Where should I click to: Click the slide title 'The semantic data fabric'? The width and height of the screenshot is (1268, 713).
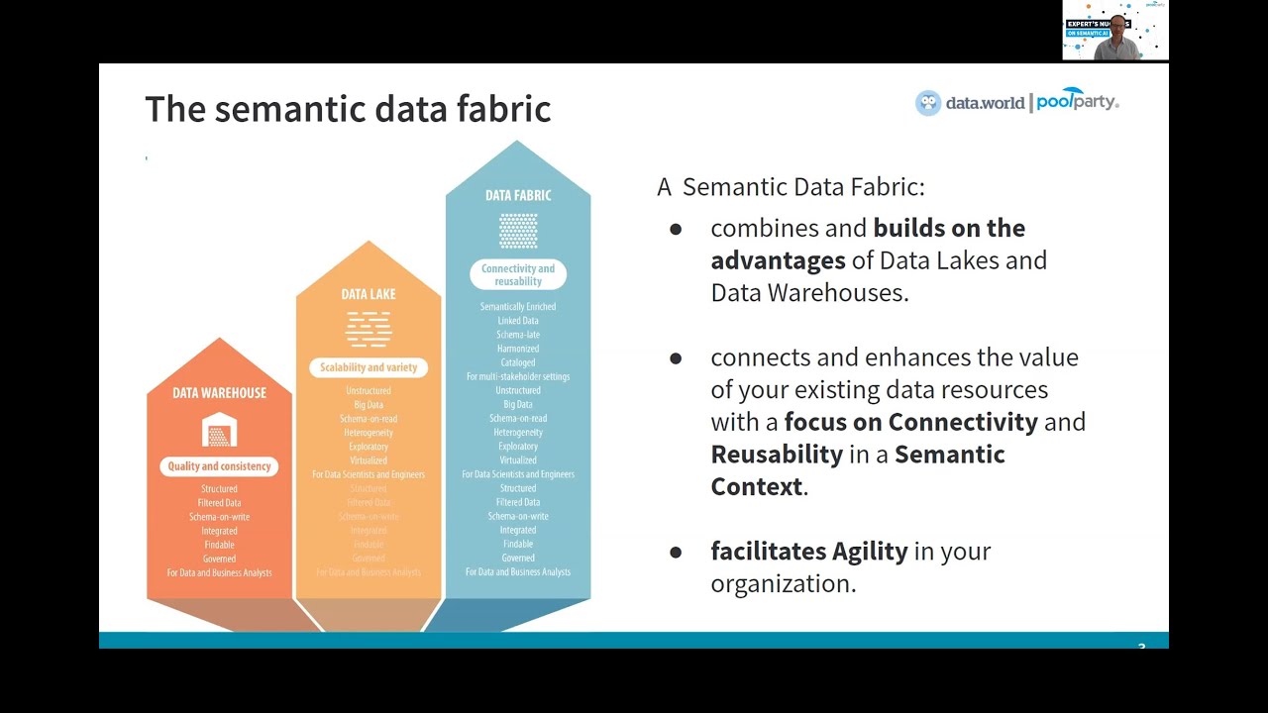(x=348, y=109)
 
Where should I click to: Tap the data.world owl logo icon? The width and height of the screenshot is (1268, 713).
(x=928, y=103)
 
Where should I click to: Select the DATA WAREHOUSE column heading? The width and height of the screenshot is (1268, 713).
(x=219, y=393)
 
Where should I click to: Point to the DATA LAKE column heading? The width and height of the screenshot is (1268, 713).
(x=369, y=294)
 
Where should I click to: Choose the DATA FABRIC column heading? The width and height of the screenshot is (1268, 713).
(x=518, y=195)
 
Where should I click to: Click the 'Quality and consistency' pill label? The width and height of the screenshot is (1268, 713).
(x=219, y=466)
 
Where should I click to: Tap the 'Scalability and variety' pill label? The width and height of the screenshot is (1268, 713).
(x=369, y=367)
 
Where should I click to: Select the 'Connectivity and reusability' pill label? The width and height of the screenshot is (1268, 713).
(x=518, y=274)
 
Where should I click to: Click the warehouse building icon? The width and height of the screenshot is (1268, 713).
(x=219, y=431)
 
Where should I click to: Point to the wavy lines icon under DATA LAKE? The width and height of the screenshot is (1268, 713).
(x=369, y=329)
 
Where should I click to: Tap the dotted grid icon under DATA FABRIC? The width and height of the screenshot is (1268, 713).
(x=518, y=231)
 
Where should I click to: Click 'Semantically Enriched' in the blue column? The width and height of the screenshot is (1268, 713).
(x=518, y=307)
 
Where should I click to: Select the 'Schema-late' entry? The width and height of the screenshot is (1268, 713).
(x=518, y=335)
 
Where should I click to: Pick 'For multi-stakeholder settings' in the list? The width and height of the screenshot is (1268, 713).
(x=518, y=376)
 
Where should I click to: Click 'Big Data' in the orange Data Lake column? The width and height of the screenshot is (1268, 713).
(x=369, y=405)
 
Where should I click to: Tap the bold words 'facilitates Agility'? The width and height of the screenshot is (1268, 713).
(x=808, y=552)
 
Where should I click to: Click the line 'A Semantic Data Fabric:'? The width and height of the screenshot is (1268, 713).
(x=791, y=187)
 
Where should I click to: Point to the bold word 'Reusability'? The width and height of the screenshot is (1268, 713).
(x=776, y=455)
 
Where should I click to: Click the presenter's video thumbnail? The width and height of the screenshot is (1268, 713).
(x=1114, y=31)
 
